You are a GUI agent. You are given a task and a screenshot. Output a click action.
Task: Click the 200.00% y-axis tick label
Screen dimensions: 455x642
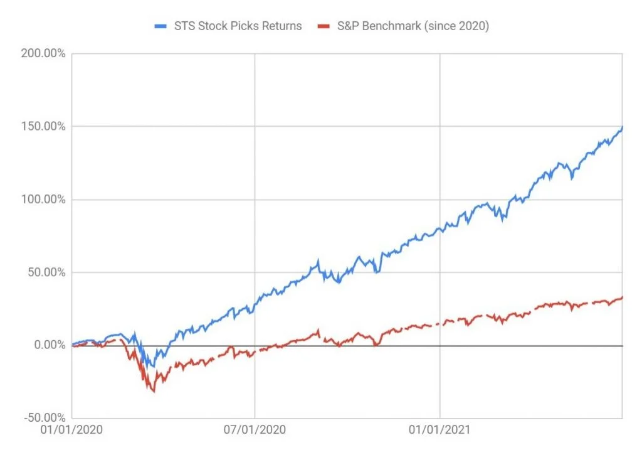43,54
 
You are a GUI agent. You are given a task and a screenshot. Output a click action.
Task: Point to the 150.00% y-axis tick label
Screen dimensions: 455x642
43,127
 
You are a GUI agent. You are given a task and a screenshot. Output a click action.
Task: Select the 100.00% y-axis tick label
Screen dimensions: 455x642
43,200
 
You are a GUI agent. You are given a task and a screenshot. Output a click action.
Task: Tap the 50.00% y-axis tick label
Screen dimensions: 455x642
46,272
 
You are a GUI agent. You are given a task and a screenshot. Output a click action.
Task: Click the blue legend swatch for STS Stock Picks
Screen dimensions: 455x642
162,26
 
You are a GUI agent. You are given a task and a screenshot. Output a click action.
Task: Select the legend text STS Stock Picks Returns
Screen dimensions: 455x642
238,26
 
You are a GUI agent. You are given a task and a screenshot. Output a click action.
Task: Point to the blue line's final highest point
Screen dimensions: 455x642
622,127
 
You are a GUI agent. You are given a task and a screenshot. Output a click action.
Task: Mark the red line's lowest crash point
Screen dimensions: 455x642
154,392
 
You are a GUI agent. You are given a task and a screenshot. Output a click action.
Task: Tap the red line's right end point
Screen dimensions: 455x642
622,297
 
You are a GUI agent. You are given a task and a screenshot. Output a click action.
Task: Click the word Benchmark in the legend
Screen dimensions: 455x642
392,26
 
